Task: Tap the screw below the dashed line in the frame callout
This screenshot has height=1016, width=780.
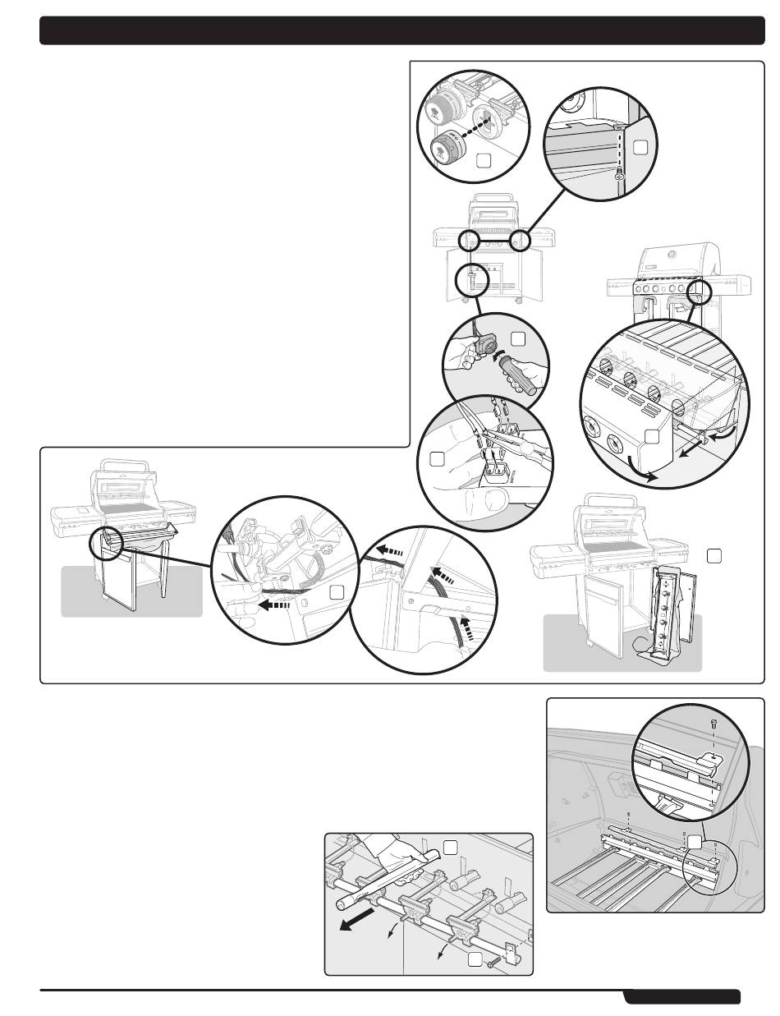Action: point(621,175)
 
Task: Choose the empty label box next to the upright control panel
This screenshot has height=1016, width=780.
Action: point(713,556)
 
